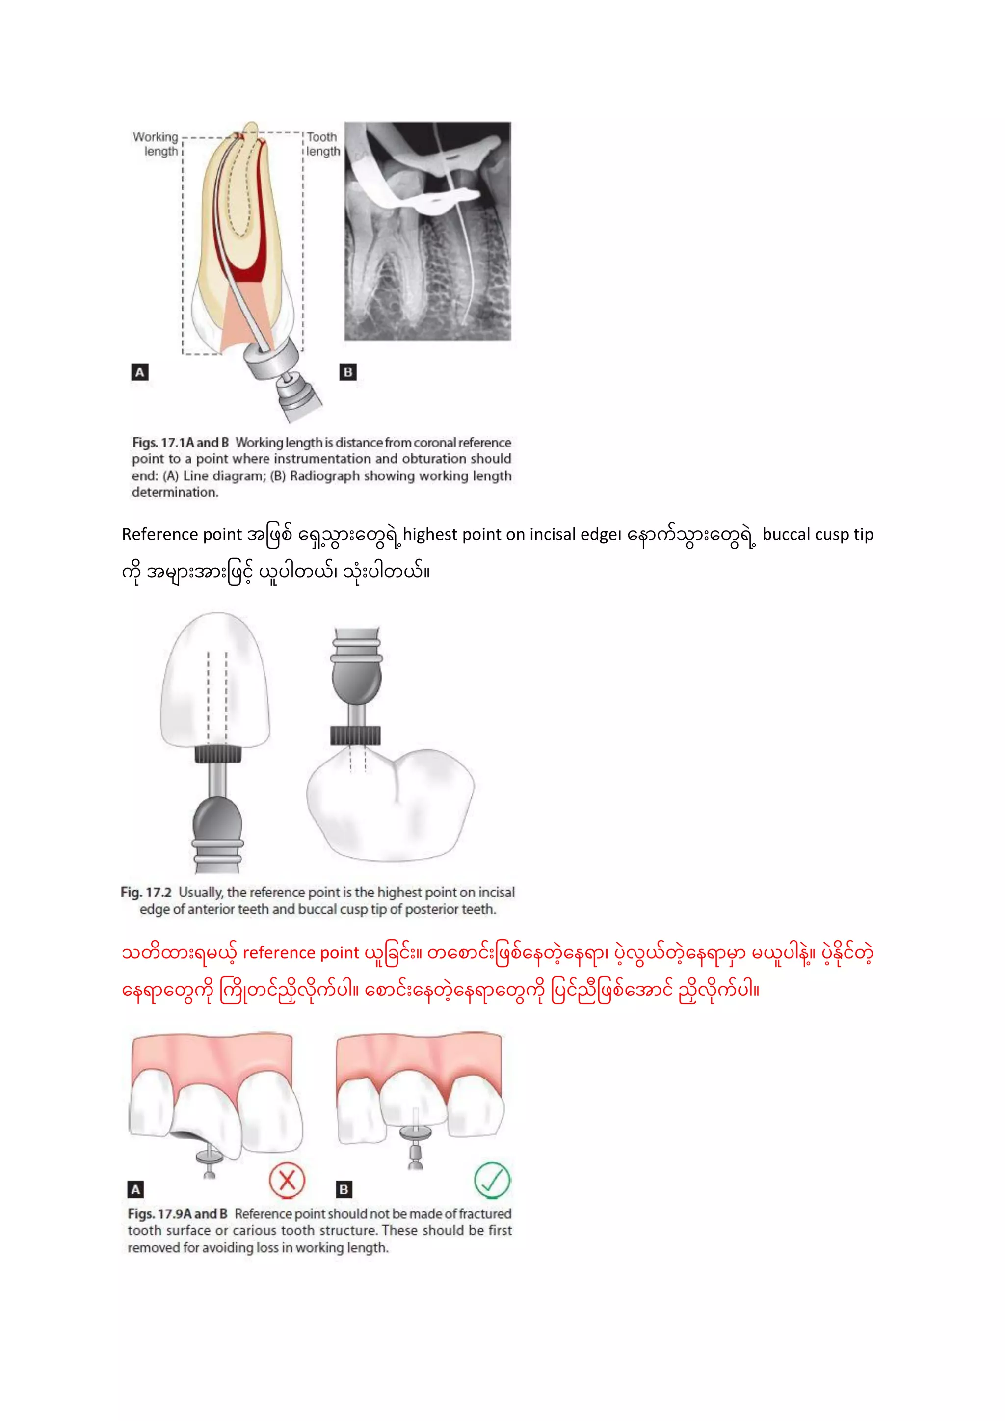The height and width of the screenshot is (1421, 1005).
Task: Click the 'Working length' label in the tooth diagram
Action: click(156, 144)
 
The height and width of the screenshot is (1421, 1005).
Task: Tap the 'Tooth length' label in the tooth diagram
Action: click(323, 144)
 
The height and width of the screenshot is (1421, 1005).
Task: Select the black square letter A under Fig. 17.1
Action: click(140, 372)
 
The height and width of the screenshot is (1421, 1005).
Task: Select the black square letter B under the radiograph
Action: click(348, 372)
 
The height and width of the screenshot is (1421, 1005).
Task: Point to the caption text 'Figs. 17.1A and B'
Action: click(180, 443)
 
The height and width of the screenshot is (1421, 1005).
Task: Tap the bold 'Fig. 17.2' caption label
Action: click(146, 892)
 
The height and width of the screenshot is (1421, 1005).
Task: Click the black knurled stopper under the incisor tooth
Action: click(218, 754)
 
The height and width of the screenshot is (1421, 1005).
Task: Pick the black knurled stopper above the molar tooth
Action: click(355, 735)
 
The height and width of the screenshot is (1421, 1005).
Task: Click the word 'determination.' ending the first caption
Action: click(175, 492)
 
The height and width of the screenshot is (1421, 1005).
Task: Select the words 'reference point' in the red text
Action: click(301, 952)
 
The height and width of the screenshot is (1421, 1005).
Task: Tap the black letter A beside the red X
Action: click(135, 1189)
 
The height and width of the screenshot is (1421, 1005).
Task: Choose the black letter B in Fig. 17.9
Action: click(344, 1189)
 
